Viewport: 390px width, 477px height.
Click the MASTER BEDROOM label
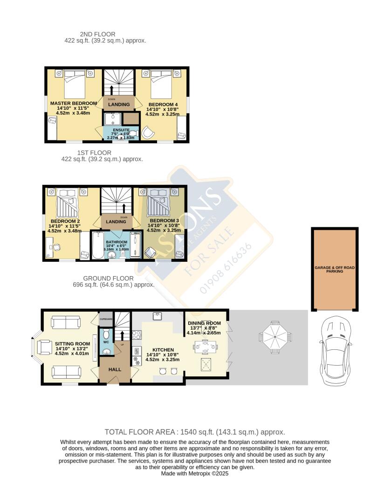pyautogui.click(x=73, y=103)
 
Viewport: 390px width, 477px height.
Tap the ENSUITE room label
pyautogui.click(x=120, y=130)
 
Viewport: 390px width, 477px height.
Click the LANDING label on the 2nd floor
pyautogui.click(x=119, y=104)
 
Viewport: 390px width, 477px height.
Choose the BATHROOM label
pyautogui.click(x=116, y=242)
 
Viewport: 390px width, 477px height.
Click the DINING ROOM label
pyautogui.click(x=204, y=323)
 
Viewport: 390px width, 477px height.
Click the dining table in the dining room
pyautogui.click(x=205, y=346)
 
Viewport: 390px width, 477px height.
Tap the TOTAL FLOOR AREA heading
pyautogui.click(x=195, y=432)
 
